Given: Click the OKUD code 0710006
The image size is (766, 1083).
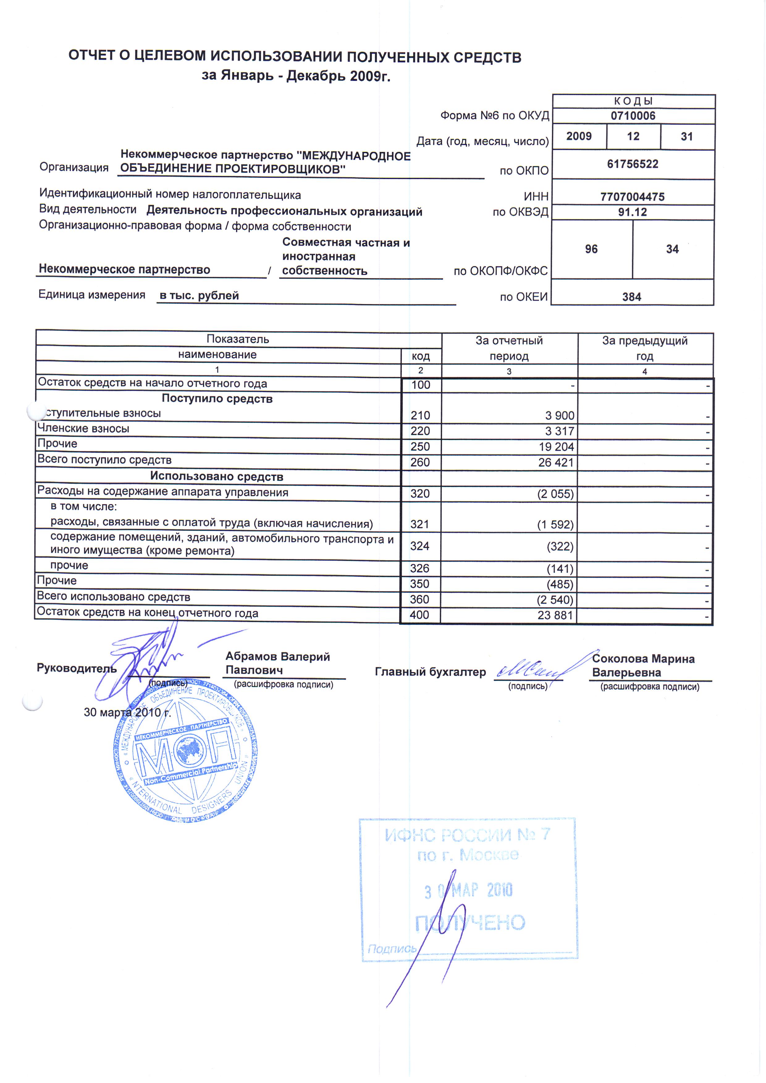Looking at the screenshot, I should coord(633,116).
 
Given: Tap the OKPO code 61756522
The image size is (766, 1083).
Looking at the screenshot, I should coord(633,164).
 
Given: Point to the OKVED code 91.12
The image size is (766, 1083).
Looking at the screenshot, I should coord(633,212).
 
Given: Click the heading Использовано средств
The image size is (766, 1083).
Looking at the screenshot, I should coord(217,476).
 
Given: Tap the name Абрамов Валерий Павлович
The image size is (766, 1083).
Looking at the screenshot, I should coord(277,663).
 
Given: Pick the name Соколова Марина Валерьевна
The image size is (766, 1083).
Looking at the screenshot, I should coord(643,666).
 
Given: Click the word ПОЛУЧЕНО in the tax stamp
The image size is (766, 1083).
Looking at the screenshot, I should coord(469,923).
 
